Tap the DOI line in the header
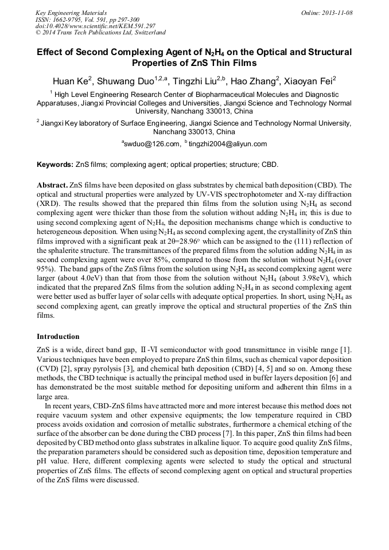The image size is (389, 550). [x=95, y=26]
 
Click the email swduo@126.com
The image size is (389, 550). [x=150, y=144]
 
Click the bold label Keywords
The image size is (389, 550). [x=55, y=164]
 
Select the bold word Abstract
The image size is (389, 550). [x=52, y=186]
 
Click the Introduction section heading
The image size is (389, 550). [x=58, y=336]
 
